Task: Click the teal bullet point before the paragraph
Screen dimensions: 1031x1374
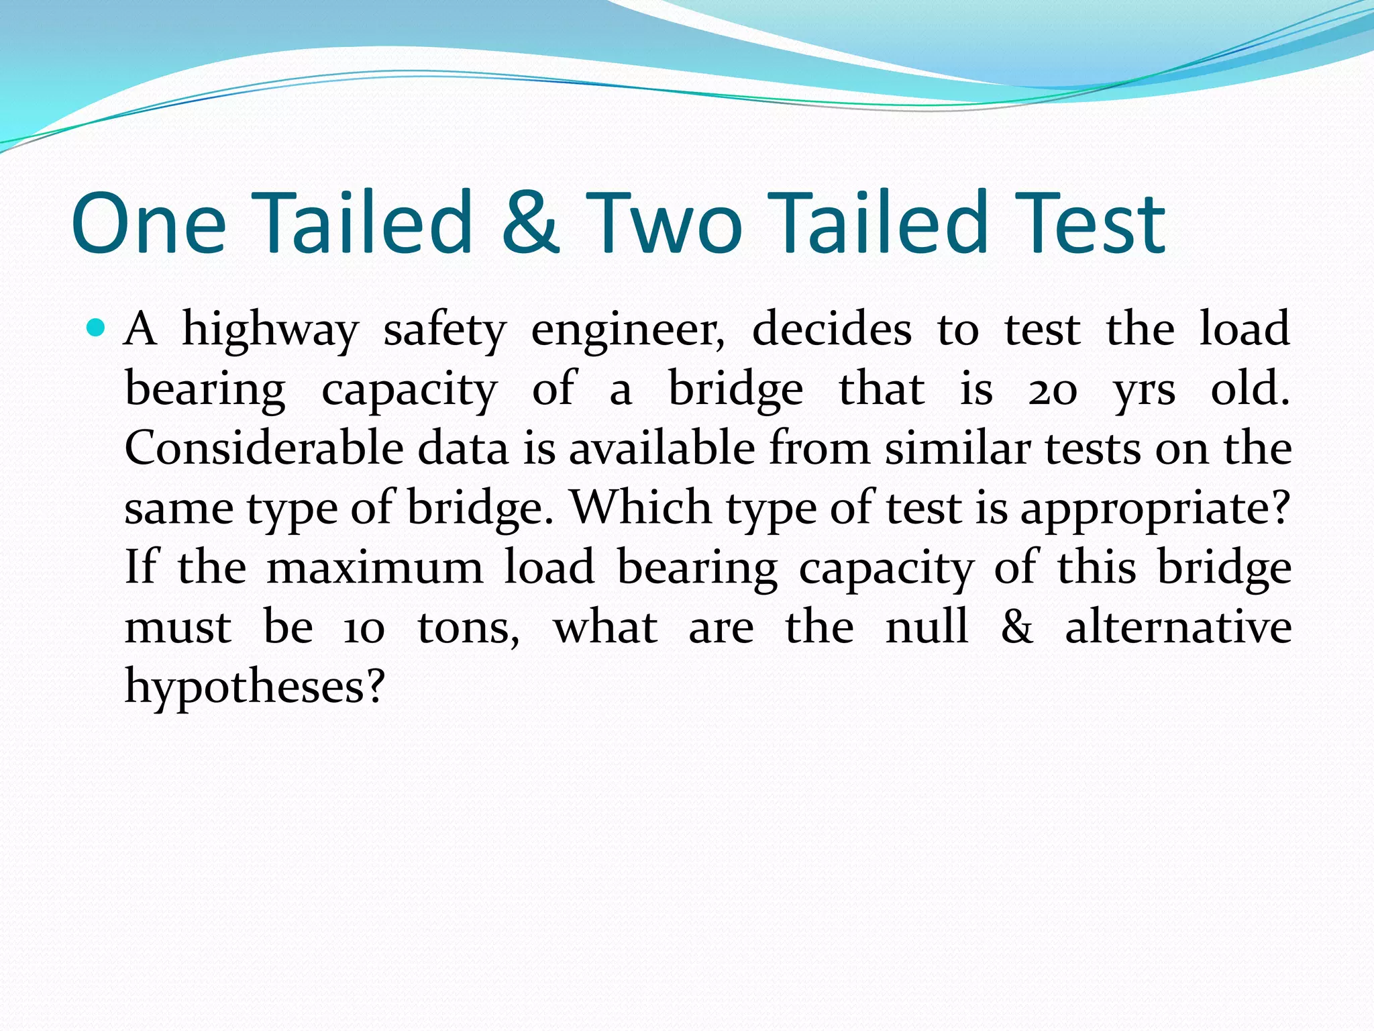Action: [97, 328]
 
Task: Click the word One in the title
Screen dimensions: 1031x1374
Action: [149, 223]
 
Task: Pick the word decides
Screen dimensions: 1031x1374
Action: [831, 329]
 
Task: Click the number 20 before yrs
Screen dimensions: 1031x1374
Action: [1052, 390]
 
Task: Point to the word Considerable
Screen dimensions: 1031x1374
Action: [264, 448]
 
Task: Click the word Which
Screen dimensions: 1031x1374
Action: [641, 508]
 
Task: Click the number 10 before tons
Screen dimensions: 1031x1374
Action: [364, 628]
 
